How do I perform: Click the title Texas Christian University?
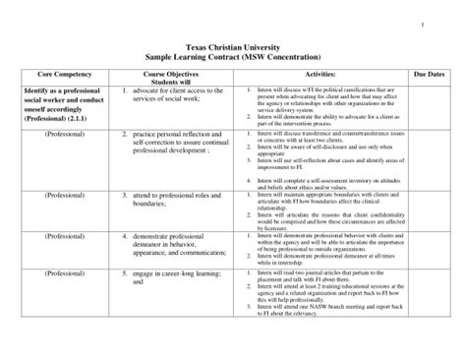(x=233, y=48)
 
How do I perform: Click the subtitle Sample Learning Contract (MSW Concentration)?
(x=233, y=58)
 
